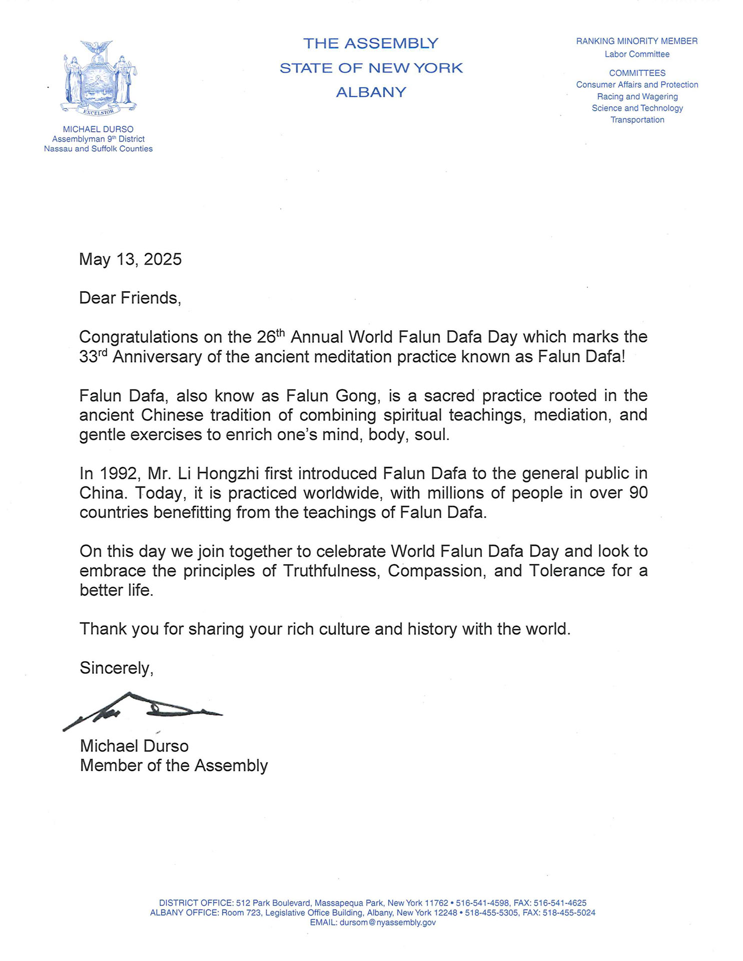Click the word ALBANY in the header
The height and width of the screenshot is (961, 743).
pos(371,93)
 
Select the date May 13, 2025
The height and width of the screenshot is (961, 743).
pos(130,259)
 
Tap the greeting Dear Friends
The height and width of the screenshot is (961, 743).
pos(130,298)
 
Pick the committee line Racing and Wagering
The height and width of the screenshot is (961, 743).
pos(637,97)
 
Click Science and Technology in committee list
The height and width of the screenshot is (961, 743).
pos(637,108)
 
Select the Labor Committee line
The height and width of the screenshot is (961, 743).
pos(637,54)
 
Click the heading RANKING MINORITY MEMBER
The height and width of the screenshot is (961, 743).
pos(636,41)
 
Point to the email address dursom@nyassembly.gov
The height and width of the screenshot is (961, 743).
pos(387,922)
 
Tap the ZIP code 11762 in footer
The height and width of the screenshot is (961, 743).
pos(436,903)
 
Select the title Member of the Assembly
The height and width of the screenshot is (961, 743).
pos(174,766)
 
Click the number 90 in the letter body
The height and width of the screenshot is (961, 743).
pos(638,493)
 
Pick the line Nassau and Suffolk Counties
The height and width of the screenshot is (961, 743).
pos(98,149)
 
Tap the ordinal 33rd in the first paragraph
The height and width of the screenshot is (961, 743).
pos(93,357)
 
